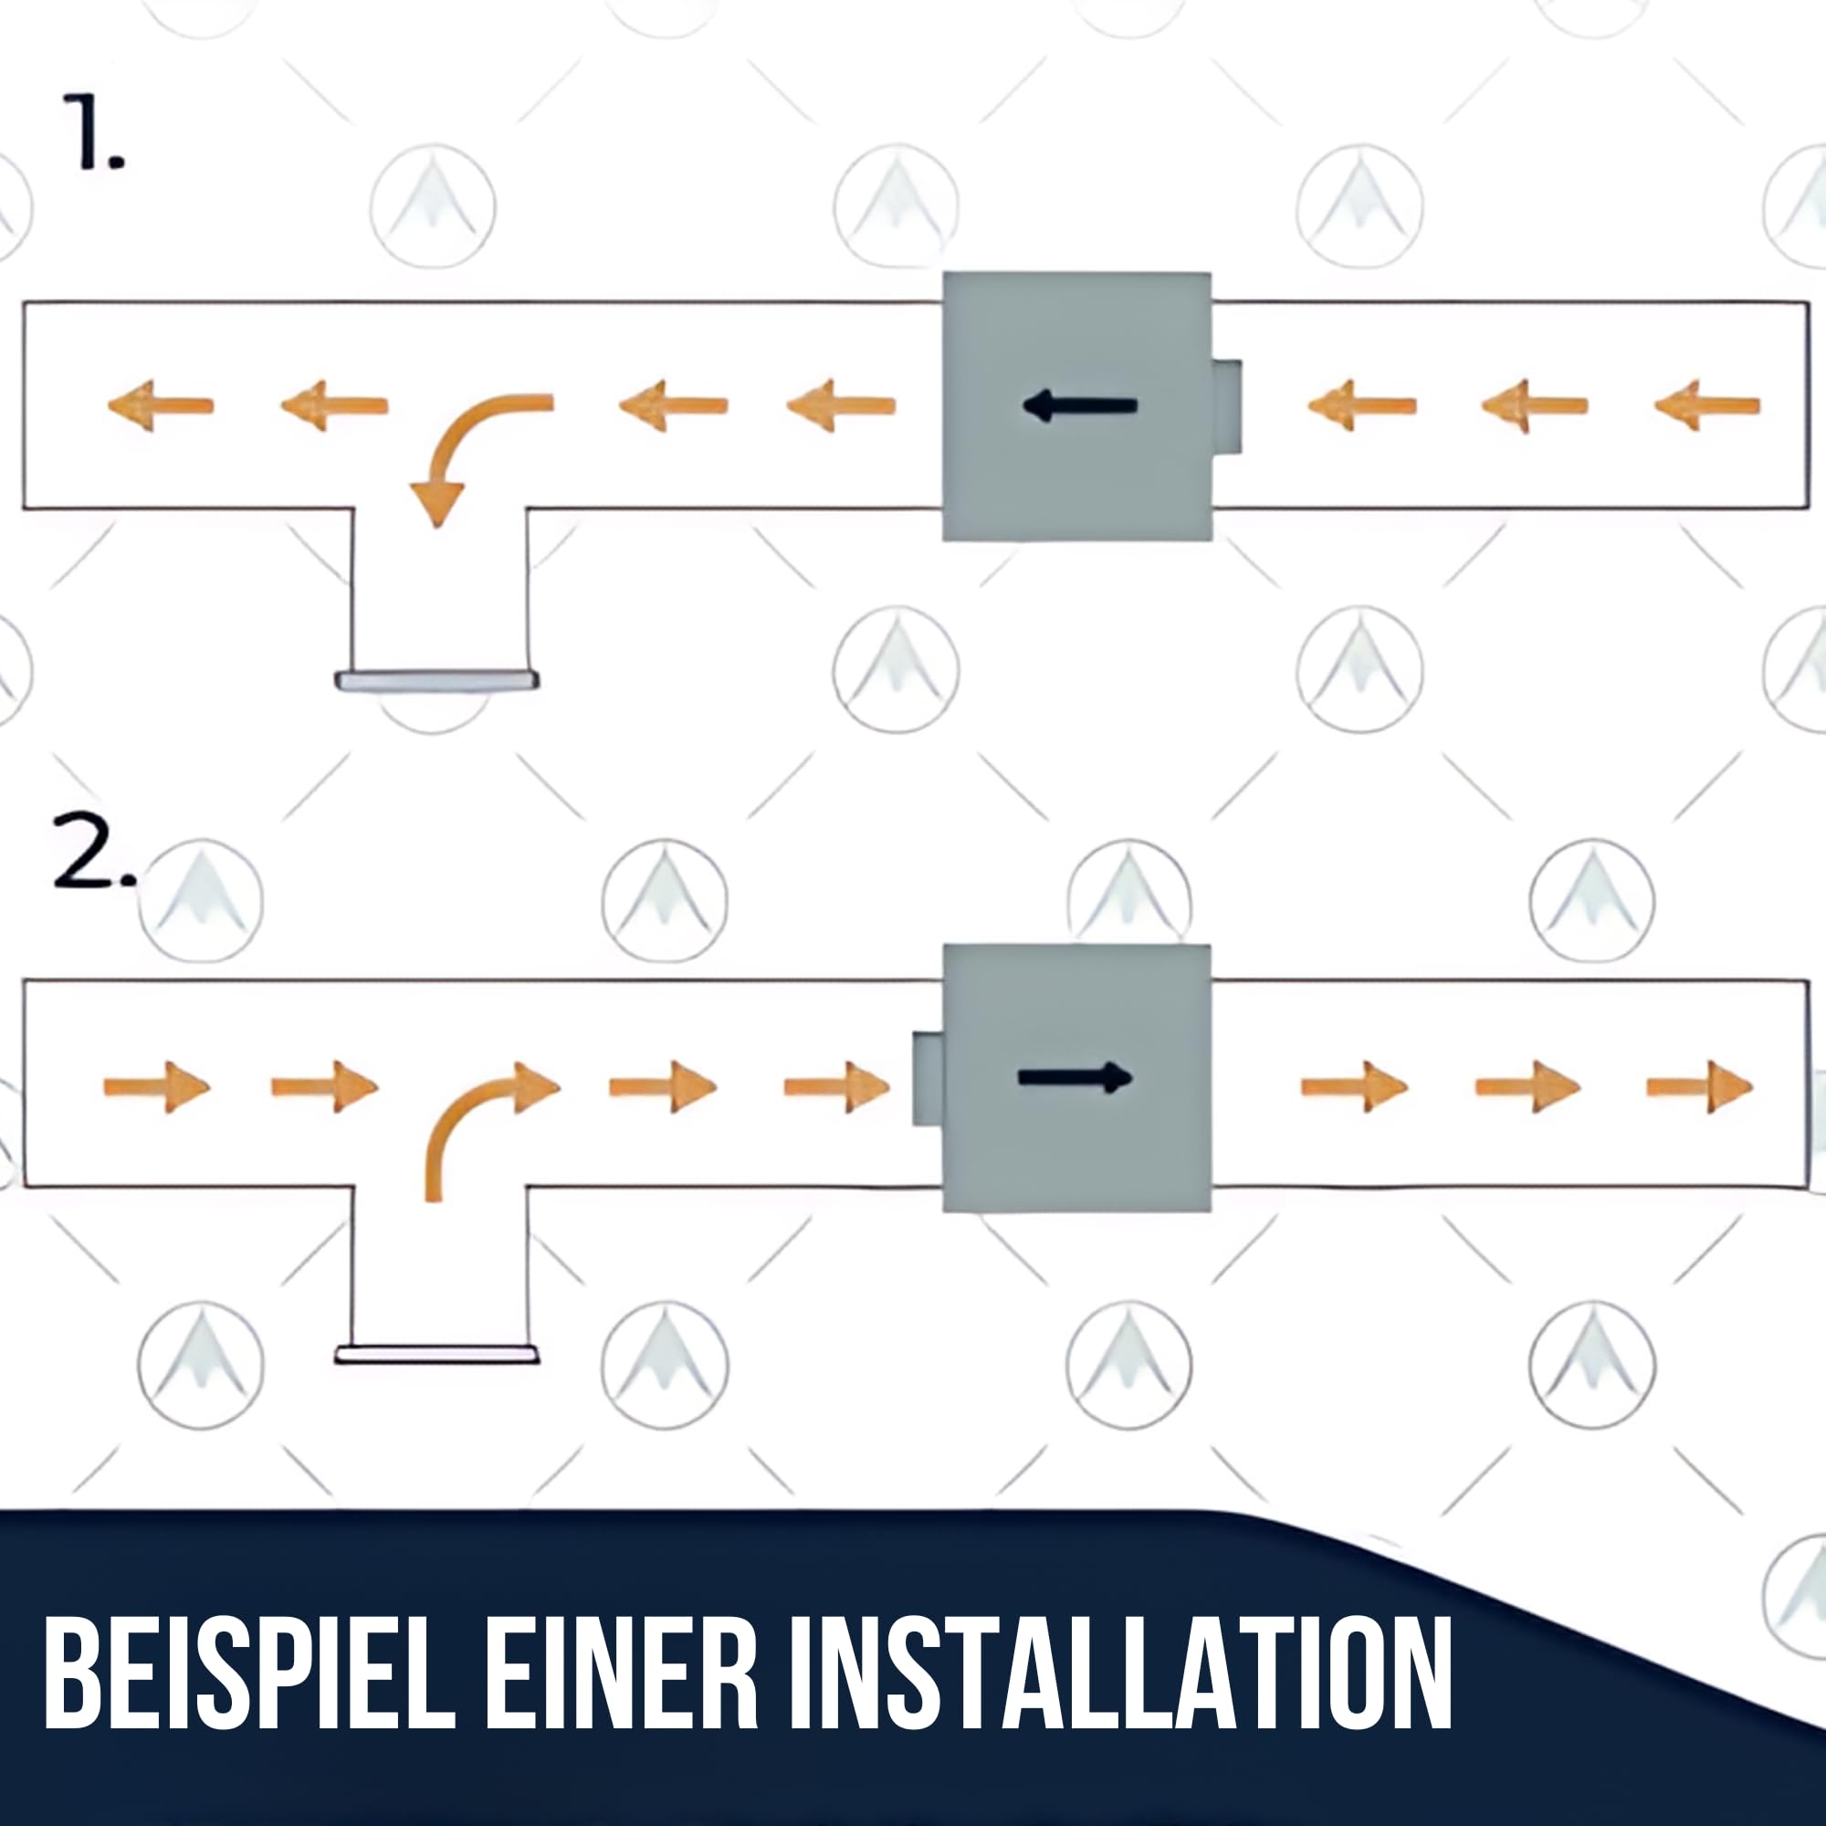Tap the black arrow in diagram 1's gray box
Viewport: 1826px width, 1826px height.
point(1079,406)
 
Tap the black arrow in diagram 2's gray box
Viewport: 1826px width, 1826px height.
point(1076,1077)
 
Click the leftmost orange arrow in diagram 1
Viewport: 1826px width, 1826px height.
point(161,406)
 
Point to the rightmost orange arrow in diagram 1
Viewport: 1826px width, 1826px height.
point(1707,406)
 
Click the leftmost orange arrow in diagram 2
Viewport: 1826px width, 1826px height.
point(157,1086)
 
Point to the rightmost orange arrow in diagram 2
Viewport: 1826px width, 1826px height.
point(1700,1086)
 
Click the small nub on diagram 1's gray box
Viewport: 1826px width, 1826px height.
point(1227,406)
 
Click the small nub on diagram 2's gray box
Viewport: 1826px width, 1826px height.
point(928,1078)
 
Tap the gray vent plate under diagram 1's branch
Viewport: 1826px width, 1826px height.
point(436,679)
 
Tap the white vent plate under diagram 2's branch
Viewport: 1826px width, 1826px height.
point(436,1354)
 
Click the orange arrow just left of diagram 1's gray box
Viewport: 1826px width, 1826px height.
point(841,406)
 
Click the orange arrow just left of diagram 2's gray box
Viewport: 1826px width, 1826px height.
point(837,1086)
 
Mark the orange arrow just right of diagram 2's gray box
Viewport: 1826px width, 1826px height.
point(1354,1086)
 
